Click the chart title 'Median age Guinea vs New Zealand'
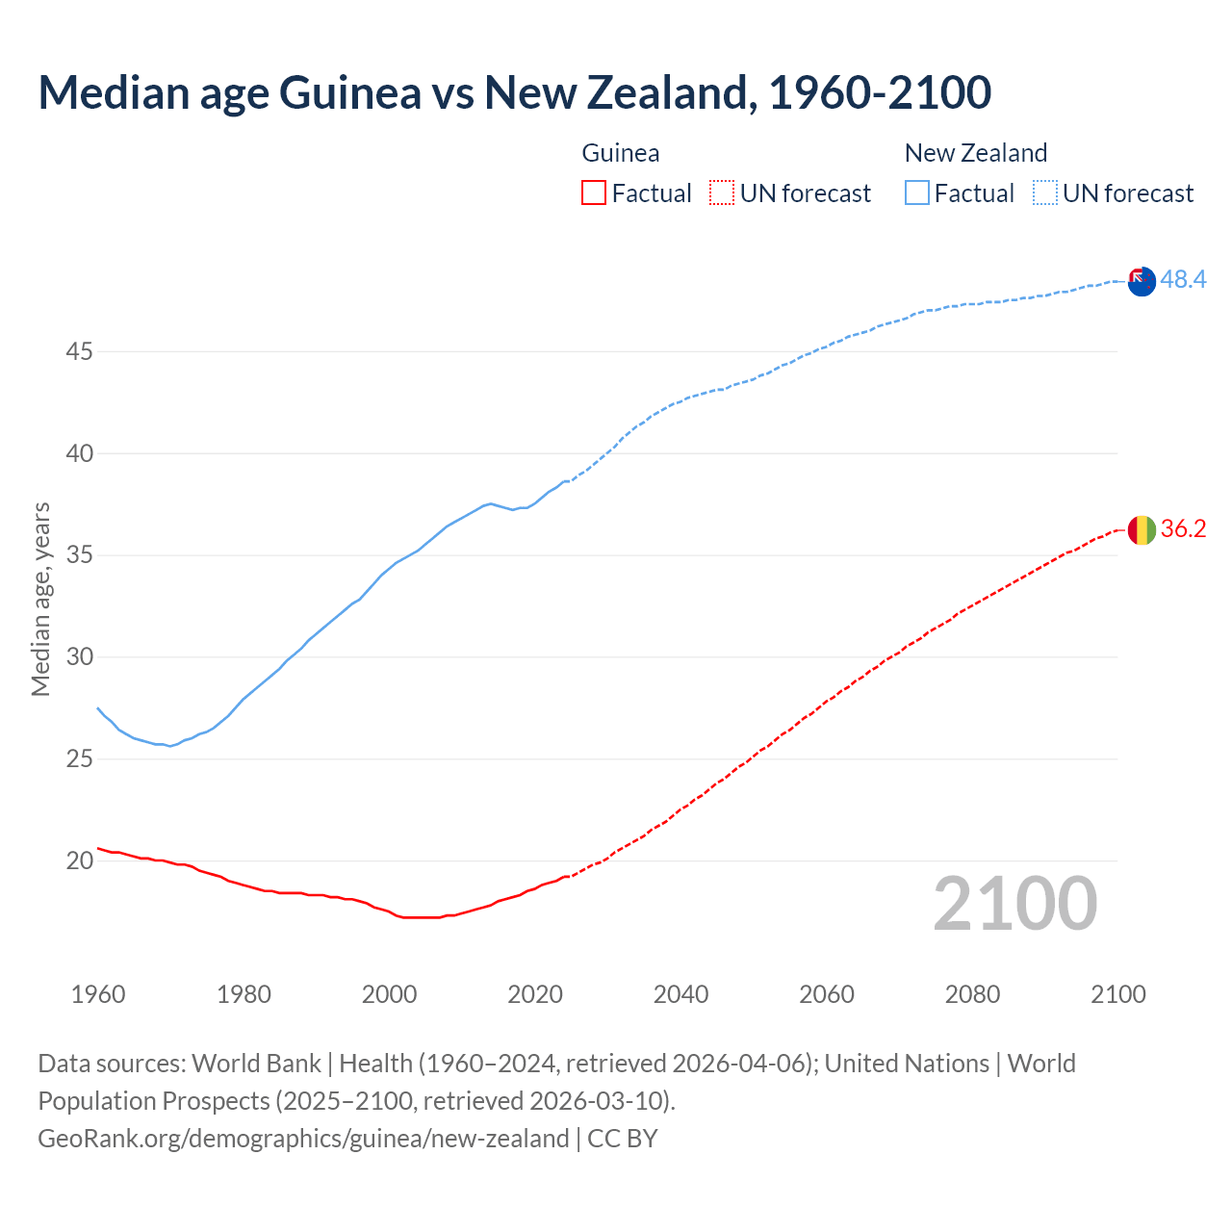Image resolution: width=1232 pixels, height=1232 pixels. click(x=514, y=92)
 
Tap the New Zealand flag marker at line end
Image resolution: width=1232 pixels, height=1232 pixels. click(x=1142, y=282)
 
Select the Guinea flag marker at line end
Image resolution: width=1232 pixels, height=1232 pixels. click(x=1142, y=529)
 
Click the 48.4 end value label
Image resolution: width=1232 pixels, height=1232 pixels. click(x=1183, y=279)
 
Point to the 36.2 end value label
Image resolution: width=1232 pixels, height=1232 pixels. click(x=1183, y=528)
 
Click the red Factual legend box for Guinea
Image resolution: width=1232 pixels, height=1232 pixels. click(x=594, y=193)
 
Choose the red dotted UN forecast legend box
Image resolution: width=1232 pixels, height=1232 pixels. click(x=722, y=193)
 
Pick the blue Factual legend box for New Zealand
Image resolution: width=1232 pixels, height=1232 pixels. click(x=917, y=193)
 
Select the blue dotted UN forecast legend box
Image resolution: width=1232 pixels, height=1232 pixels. click(x=1045, y=193)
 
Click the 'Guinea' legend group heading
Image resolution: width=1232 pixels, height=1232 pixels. click(x=621, y=153)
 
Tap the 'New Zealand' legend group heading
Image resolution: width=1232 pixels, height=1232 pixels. click(x=975, y=153)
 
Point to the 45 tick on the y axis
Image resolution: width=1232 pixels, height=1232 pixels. click(x=79, y=352)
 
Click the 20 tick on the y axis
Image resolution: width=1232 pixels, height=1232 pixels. click(x=79, y=860)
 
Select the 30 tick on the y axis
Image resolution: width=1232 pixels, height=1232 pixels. click(x=79, y=657)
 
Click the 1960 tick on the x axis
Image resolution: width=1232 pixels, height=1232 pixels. click(x=98, y=994)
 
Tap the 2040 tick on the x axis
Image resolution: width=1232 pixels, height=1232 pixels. click(x=680, y=994)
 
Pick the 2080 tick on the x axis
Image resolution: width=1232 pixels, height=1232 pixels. click(x=972, y=994)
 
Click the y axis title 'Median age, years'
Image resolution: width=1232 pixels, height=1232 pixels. click(x=40, y=599)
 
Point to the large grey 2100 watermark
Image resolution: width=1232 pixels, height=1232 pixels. click(x=1014, y=903)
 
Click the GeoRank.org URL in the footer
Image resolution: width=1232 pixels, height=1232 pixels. click(x=303, y=1139)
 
